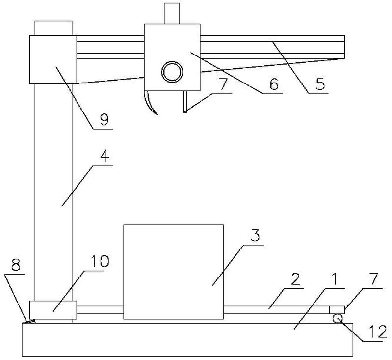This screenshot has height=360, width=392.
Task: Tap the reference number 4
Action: click(105, 156)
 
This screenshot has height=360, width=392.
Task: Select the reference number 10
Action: click(100, 261)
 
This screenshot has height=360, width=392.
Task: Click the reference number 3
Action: click(255, 236)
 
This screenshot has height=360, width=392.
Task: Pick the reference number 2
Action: click(295, 279)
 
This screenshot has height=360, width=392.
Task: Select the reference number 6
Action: click(274, 84)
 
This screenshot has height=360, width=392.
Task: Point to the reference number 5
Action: click(320, 84)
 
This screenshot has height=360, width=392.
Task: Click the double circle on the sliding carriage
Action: click(172, 71)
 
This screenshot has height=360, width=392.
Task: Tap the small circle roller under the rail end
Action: click(338, 319)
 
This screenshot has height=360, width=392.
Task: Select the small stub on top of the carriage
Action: click(172, 14)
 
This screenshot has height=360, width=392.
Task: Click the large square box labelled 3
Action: click(174, 272)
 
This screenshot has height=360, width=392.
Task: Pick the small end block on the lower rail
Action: click(337, 310)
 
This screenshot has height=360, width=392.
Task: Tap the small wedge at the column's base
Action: click(30, 321)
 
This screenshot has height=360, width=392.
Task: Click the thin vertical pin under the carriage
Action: click(185, 102)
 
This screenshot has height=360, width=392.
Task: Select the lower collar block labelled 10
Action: click(53, 310)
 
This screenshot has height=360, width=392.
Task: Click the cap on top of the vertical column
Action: click(53, 28)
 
